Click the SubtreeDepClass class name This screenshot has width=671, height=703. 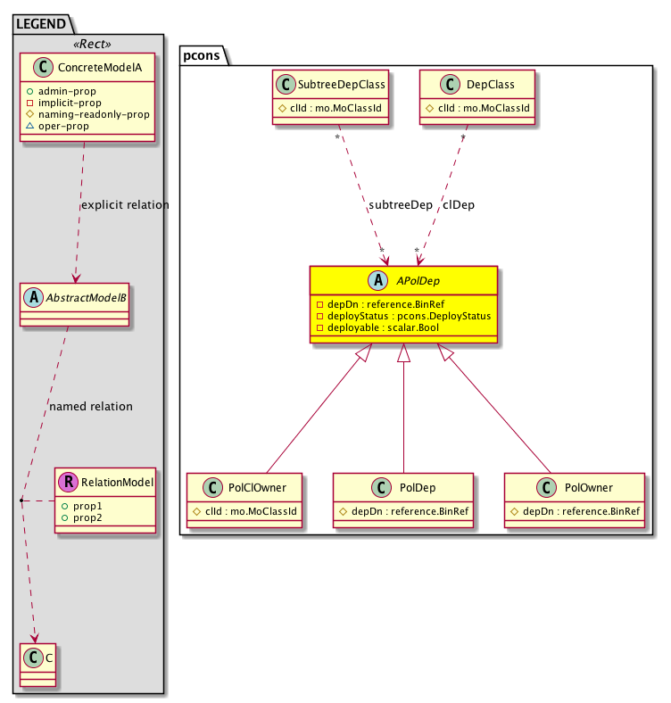tap(342, 86)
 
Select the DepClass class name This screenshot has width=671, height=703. tap(489, 86)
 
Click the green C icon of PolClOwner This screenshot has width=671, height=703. tap(211, 488)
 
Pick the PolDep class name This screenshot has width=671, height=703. tap(417, 488)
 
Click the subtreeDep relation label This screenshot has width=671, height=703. tap(400, 204)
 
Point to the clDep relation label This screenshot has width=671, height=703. tap(459, 204)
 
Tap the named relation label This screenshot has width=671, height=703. tap(91, 406)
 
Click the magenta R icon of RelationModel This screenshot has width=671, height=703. tap(68, 482)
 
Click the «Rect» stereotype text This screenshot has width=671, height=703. tap(88, 42)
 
